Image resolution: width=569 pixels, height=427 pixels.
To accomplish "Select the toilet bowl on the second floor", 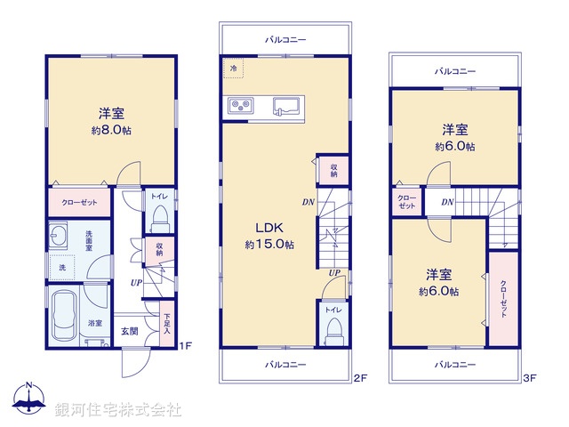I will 334,328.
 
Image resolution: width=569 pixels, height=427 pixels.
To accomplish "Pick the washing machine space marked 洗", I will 61,267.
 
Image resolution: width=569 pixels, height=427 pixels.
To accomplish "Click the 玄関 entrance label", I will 130,332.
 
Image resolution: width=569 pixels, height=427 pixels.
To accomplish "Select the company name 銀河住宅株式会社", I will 117,410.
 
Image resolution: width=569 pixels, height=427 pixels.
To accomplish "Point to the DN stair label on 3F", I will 447,203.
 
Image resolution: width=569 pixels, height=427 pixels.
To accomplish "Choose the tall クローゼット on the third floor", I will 503,298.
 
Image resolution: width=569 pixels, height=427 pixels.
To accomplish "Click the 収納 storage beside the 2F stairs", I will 333,171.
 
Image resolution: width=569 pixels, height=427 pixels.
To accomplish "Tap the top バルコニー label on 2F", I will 285,40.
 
